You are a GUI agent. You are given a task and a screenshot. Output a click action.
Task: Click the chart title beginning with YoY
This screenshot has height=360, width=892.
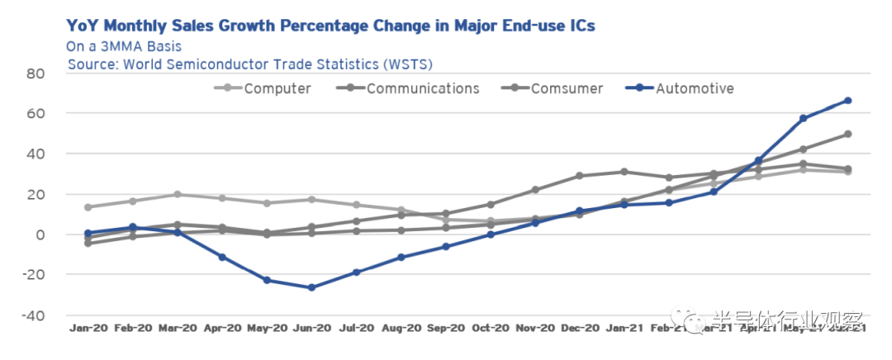tap(330, 26)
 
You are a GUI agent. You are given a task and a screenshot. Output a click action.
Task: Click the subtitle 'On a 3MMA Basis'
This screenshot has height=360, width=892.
tap(124, 46)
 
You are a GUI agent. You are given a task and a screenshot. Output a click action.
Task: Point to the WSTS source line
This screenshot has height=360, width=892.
tap(250, 64)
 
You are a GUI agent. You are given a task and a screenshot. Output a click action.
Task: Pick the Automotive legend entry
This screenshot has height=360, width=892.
tap(681, 88)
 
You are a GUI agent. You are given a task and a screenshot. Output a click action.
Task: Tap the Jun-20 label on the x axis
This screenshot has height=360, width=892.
tap(311, 329)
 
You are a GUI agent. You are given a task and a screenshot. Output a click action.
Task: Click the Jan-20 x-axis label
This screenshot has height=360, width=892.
tap(87, 329)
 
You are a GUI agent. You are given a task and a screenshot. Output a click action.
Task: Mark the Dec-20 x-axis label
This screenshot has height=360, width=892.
tap(579, 329)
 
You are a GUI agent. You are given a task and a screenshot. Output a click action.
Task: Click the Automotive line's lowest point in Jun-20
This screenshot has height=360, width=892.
tap(311, 287)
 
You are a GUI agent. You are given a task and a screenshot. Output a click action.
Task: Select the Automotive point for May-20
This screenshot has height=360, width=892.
tap(267, 280)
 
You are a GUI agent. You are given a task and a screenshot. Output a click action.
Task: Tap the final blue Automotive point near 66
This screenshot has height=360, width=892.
tap(847, 101)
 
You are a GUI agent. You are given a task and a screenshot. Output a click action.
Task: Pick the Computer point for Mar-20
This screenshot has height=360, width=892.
tap(178, 195)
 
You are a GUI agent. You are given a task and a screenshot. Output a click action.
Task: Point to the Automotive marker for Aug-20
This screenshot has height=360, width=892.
tap(401, 258)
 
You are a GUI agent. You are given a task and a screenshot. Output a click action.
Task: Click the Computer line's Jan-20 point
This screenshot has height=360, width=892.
tap(88, 207)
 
